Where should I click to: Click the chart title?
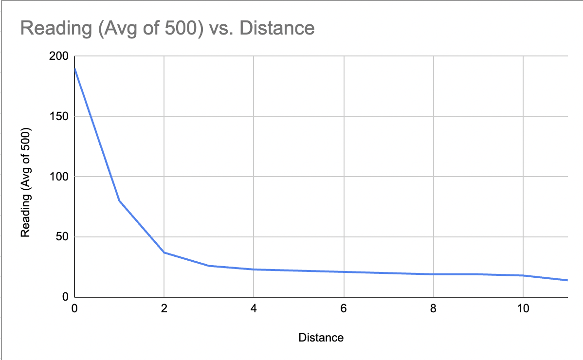[167, 28]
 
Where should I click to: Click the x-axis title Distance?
[321, 338]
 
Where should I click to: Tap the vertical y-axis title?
[26, 182]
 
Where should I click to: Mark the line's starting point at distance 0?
[74, 69]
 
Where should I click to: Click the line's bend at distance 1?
[119, 201]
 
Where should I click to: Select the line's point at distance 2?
[164, 252]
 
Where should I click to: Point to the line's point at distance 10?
[523, 275]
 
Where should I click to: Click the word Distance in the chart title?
[279, 28]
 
